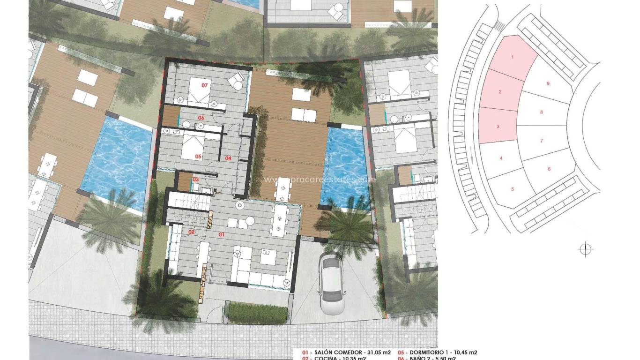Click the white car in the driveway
tap(331, 279)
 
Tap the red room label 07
tap(205, 85)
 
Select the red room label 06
tap(201, 118)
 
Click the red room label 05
tap(198, 157)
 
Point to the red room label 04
tap(228, 158)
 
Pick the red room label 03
tap(195, 180)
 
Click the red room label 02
tap(191, 232)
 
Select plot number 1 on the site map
tap(512, 57)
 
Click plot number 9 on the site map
tap(548, 83)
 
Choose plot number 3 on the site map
tap(498, 127)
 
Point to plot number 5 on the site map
tap(513, 189)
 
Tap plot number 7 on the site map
tap(541, 141)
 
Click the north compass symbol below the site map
tap(586, 249)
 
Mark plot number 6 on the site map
tap(549, 169)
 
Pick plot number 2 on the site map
tap(500, 92)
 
